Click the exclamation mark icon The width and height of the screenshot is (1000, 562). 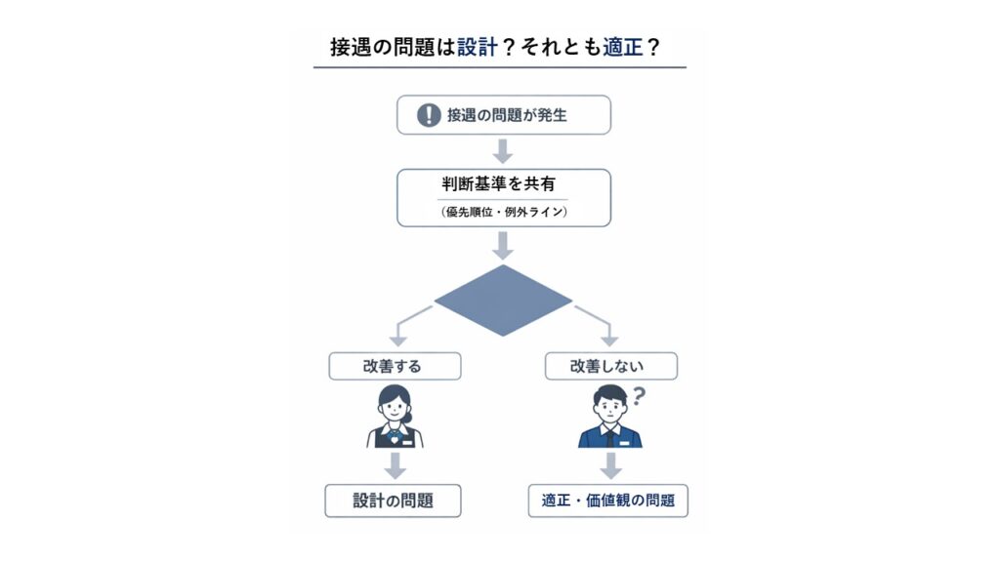point(429,115)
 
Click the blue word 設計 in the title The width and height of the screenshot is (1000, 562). point(479,46)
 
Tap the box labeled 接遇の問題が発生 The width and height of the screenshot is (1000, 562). point(503,115)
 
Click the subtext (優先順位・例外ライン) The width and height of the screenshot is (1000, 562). point(502,212)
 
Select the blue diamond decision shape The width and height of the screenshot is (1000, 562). point(503,301)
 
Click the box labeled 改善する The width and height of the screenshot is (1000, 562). point(395,366)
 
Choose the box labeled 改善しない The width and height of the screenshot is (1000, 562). point(610,366)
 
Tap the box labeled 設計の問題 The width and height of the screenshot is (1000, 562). point(394,501)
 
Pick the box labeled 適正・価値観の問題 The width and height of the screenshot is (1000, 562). point(608,501)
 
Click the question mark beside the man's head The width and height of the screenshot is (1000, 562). point(641,395)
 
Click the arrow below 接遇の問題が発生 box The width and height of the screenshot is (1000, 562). point(503,151)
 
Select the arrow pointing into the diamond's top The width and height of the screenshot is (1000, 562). point(503,245)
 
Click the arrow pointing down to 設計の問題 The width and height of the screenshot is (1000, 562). point(395,464)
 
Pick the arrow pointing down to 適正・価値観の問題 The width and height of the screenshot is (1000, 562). point(610,464)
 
